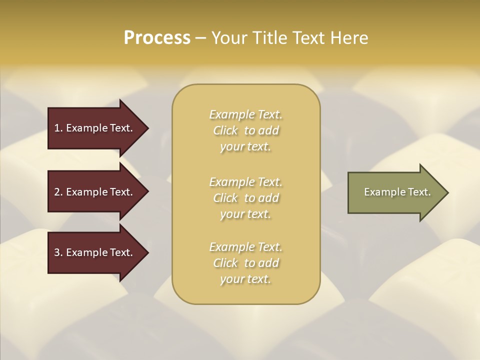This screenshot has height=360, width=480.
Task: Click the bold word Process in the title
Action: click(157, 38)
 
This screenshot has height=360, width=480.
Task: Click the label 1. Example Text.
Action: click(93, 128)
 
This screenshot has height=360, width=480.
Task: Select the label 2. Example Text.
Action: click(93, 192)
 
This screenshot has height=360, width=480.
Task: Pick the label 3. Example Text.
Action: click(93, 252)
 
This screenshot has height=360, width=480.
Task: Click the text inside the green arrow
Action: click(397, 192)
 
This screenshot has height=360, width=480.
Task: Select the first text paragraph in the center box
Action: click(245, 130)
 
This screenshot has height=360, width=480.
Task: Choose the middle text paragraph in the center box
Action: click(245, 198)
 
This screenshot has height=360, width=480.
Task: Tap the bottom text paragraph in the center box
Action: click(245, 263)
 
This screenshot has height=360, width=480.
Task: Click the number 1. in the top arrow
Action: click(58, 128)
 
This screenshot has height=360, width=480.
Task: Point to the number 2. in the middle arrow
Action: click(58, 192)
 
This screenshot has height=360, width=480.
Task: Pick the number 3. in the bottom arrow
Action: click(58, 252)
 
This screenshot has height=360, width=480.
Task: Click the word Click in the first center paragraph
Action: click(225, 131)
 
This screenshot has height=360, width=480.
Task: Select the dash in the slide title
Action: click(200, 38)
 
